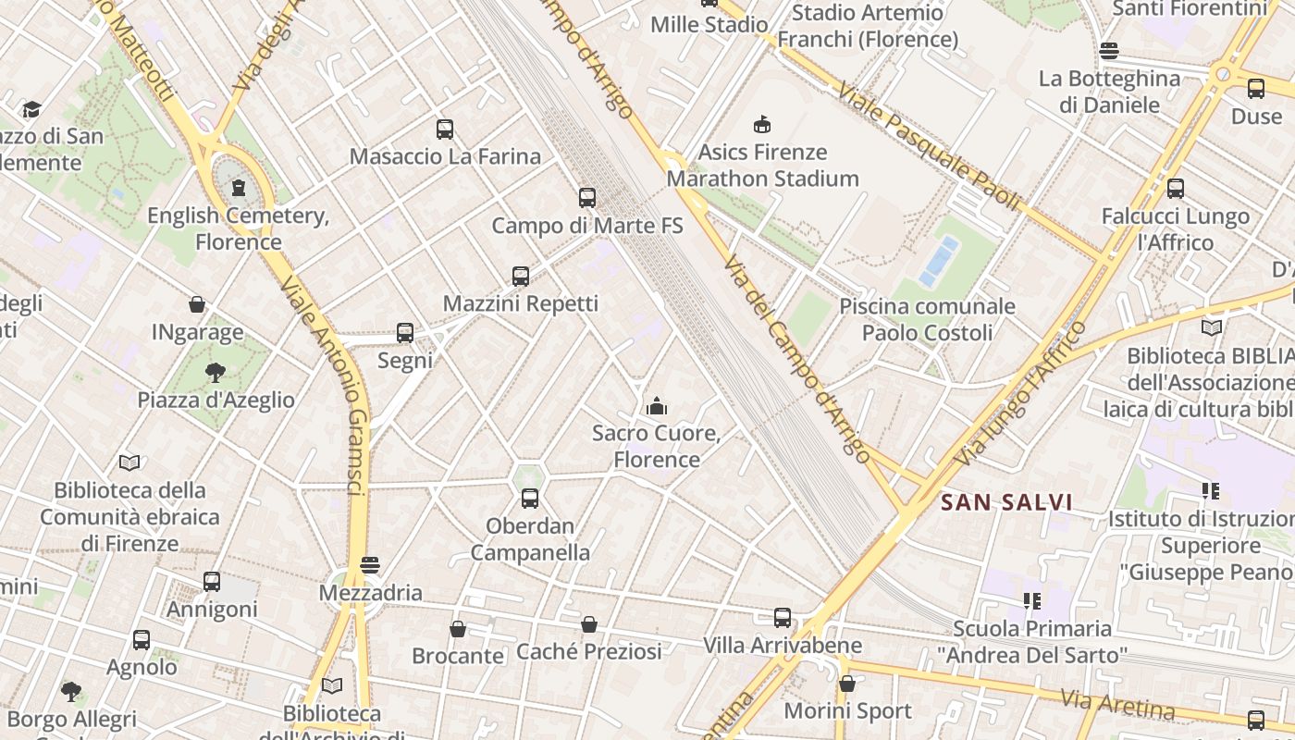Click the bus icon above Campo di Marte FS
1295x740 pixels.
coord(587,197)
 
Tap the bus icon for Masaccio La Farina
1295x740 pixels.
coord(445,129)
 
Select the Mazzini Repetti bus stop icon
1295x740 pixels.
coord(521,276)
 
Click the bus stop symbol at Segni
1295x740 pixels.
coord(405,333)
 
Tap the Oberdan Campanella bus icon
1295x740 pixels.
coord(530,499)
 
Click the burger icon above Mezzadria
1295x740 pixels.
coord(370,564)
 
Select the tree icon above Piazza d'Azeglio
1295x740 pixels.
coord(216,373)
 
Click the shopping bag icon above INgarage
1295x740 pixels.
coord(197,304)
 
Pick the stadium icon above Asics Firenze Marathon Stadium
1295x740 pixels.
coord(762,124)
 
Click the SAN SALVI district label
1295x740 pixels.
coord(1006,502)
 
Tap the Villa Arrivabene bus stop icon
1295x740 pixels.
coord(783,618)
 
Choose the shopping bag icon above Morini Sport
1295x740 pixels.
coord(847,684)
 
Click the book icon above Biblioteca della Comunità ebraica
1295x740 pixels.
coord(129,462)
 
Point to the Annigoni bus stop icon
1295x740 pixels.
coord(212,582)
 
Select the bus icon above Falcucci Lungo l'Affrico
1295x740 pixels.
coord(1176,189)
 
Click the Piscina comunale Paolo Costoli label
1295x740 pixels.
coord(927,319)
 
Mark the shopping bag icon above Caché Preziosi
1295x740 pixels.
coord(589,624)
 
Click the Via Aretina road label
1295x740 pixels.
coord(1117,704)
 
